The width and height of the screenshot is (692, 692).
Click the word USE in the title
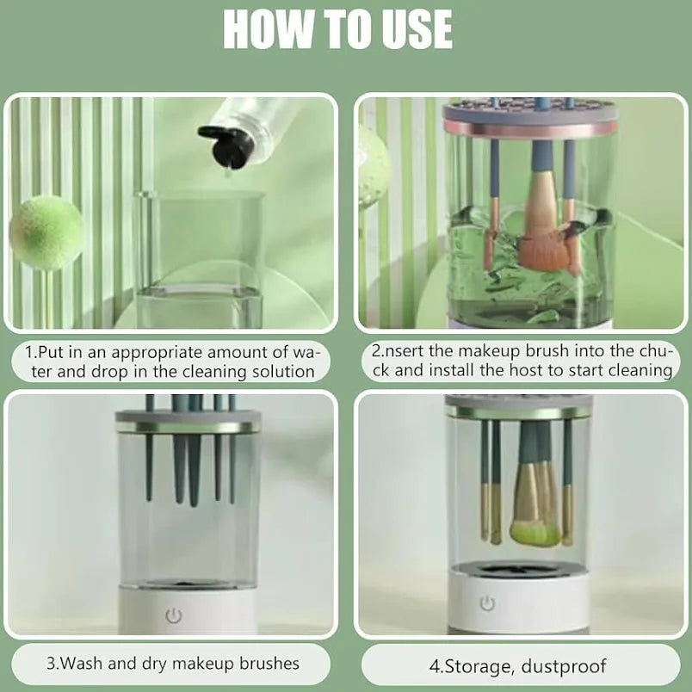coord(411,30)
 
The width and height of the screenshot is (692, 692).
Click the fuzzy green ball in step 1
coord(47,232)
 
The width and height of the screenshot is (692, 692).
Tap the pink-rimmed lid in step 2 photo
coord(530,122)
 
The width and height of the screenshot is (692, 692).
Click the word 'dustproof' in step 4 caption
coord(568,665)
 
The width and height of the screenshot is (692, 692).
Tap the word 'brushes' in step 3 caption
coord(266,663)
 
